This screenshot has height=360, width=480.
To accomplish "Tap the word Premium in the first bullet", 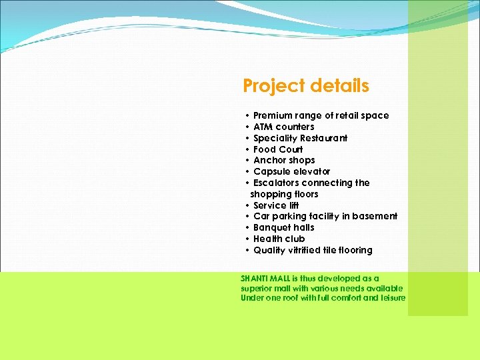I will tap(273, 115).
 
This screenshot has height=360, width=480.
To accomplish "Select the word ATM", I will tap(263, 127).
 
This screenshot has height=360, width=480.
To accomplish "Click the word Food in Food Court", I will tap(264, 149).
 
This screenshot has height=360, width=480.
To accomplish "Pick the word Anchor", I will tap(268, 160).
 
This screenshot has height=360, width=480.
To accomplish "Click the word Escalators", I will tap(276, 183).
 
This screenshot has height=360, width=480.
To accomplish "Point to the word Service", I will tap(269, 205).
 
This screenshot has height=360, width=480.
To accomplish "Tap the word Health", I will tap(267, 239).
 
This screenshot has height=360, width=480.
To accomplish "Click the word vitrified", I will tap(306, 250).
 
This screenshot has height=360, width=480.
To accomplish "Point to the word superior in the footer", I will tap(257, 288).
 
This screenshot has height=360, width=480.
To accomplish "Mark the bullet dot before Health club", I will tap(247, 239).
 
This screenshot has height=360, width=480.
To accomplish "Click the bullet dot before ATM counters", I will tap(247, 127).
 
